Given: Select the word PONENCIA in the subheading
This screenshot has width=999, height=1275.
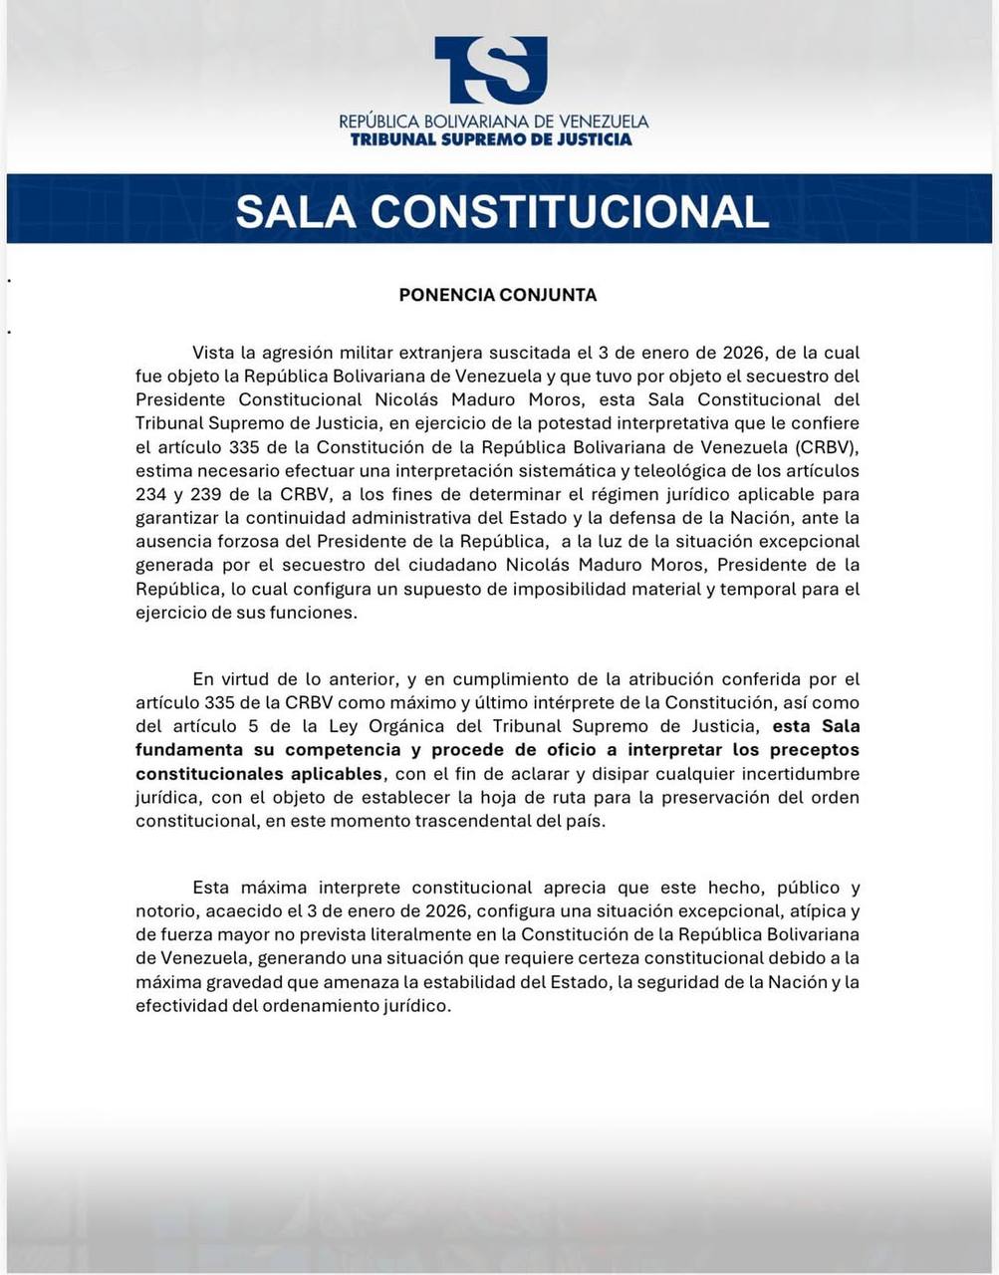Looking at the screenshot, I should click(447, 295).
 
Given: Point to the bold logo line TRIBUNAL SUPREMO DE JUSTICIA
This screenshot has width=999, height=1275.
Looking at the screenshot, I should click(491, 139).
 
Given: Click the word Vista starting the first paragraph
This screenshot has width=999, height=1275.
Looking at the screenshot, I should click(216, 353).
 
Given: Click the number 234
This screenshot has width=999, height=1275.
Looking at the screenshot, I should click(152, 494).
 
